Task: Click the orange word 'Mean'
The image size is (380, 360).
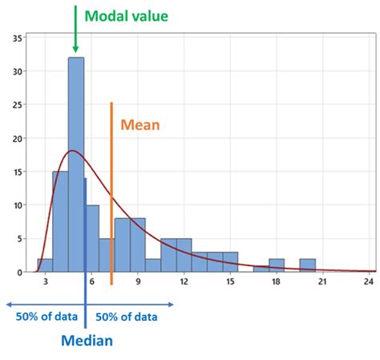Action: [x=140, y=124]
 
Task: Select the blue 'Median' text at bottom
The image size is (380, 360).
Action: [x=87, y=340]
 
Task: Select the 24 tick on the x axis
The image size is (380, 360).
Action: [x=370, y=282]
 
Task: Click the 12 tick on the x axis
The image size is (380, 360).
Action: [x=184, y=282]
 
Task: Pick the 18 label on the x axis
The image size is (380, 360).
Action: [x=277, y=282]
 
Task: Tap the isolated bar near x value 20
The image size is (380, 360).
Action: [x=307, y=265]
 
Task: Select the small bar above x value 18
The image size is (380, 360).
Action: [x=277, y=265]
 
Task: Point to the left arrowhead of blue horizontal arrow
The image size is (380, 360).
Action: [x=8, y=304]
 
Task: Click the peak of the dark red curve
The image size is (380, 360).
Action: [x=73, y=151]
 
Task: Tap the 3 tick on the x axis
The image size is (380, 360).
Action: [x=46, y=282]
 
